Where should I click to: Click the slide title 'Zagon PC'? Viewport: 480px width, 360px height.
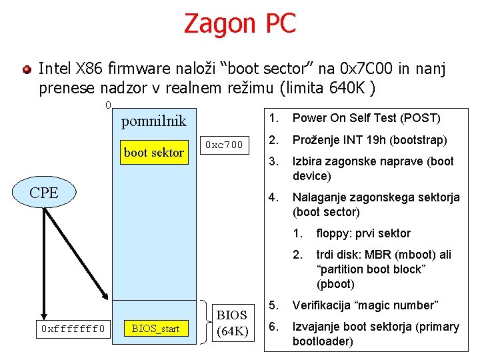(x=239, y=23)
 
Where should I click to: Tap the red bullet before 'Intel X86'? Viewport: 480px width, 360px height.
(x=26, y=69)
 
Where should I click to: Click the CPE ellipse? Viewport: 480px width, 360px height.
(x=44, y=193)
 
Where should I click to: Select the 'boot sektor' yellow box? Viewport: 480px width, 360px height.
(x=153, y=152)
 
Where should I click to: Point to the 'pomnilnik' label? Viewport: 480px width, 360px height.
(x=153, y=121)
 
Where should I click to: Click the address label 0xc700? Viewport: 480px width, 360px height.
(x=224, y=145)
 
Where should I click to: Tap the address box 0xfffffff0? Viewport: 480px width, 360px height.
(x=73, y=328)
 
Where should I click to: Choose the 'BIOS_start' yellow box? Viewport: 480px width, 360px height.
(x=155, y=328)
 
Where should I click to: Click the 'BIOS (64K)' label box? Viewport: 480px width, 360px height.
(x=232, y=323)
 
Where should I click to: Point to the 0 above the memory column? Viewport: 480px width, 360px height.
(x=108, y=105)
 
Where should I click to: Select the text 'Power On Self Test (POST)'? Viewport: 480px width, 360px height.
(x=367, y=118)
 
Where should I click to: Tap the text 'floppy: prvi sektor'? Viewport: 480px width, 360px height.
(x=363, y=233)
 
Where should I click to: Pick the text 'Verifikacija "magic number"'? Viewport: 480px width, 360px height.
(x=365, y=305)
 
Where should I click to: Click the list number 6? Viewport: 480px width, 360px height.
(x=272, y=327)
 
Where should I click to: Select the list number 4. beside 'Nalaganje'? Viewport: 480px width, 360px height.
(x=272, y=197)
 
